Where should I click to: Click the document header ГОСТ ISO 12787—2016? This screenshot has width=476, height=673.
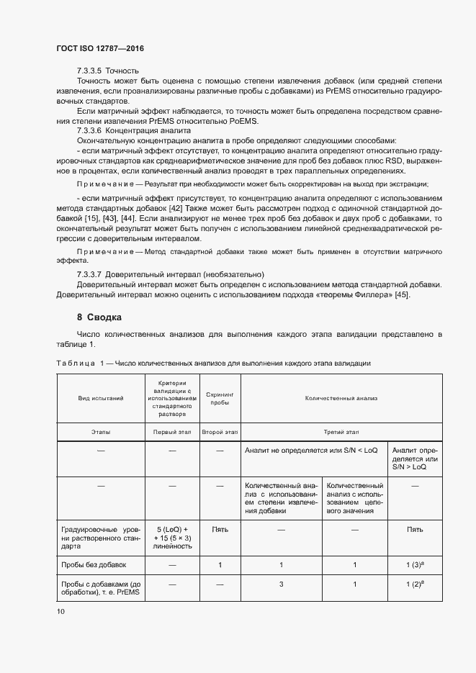click(100, 48)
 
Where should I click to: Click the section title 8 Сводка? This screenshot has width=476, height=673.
click(99, 317)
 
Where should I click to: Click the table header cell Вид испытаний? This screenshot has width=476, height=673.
click(101, 397)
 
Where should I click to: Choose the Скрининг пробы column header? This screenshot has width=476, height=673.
click(220, 397)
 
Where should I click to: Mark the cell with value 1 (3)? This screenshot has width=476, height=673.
click(414, 565)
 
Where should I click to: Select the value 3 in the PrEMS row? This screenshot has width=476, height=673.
click(281, 585)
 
